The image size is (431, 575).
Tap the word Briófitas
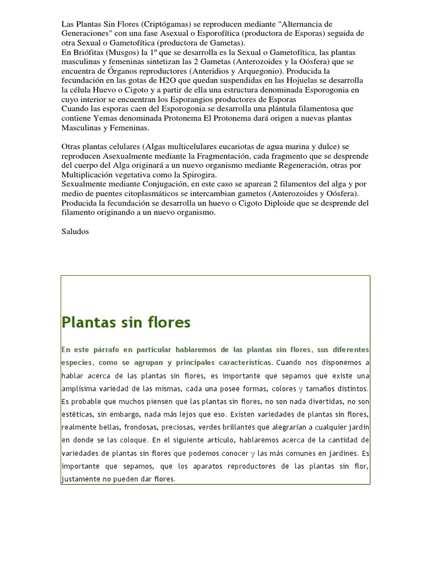pos(85,52)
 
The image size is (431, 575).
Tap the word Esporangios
pos(200,99)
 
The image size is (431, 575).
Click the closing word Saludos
pos(75,231)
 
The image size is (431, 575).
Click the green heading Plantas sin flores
pos(126,322)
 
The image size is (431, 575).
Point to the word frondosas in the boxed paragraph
pos(122,414)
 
